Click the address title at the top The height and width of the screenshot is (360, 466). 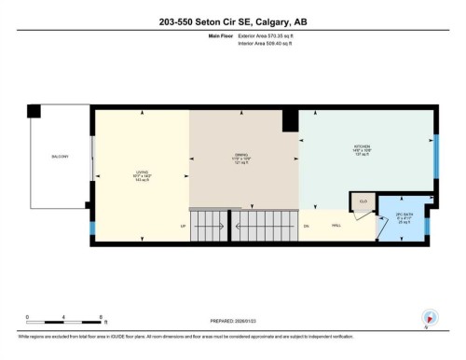tap(233, 21)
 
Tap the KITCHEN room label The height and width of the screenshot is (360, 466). tap(363, 150)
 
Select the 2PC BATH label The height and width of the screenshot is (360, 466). tap(404, 219)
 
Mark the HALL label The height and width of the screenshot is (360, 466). tap(336, 226)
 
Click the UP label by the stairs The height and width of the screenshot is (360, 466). tap(183, 226)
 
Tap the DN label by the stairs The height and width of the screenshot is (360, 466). tap(306, 226)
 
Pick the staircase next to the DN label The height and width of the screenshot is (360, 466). tap(265, 225)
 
